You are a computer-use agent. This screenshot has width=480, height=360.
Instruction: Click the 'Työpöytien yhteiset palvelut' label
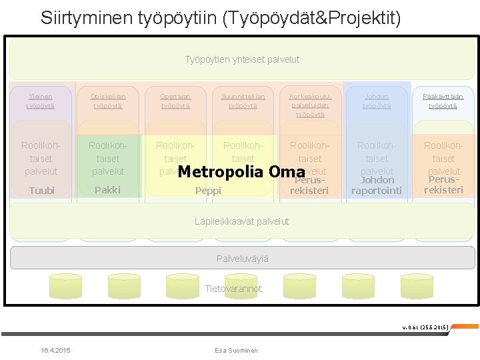pos(242,59)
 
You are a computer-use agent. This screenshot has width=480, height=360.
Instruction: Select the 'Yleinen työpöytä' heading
pos(40,101)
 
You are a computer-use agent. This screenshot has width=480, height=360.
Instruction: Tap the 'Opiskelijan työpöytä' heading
pos(107,101)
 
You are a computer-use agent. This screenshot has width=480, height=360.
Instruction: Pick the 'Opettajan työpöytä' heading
pos(175,101)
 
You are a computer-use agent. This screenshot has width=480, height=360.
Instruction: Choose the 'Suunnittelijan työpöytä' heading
pos(243,101)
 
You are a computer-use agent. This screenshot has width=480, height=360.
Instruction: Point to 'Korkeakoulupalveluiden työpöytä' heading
pos(310,105)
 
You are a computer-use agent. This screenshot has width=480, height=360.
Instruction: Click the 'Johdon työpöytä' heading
pos(377,101)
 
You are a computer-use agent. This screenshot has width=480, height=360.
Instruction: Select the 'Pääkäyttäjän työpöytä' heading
pos(443,101)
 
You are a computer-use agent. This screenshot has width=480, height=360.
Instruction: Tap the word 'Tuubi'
pos(41,191)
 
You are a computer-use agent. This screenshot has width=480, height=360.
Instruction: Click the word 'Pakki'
pos(107,190)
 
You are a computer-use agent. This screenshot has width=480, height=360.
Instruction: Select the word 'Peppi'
pos(208,191)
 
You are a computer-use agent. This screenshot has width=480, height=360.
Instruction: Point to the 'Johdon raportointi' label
pos(377,185)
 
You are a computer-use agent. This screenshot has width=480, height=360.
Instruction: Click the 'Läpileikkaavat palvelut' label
pos(241,221)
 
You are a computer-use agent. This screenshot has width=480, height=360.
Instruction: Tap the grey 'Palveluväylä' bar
pos(242,258)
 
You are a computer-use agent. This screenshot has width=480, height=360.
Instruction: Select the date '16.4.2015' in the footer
pos(55,351)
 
